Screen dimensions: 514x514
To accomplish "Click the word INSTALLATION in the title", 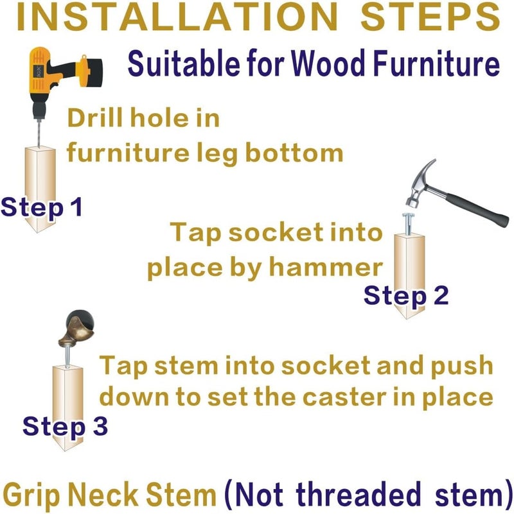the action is (177, 17).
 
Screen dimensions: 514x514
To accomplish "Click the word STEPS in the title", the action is (430, 17).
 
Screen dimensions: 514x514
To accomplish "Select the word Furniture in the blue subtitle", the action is (436, 63).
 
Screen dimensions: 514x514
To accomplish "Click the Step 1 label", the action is (41, 207).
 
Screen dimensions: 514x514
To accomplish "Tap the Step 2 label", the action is (406, 295).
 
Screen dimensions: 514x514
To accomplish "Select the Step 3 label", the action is (65, 426).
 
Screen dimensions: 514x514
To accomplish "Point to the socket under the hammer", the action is (408, 223).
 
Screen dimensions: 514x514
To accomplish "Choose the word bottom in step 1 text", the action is (294, 153).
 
